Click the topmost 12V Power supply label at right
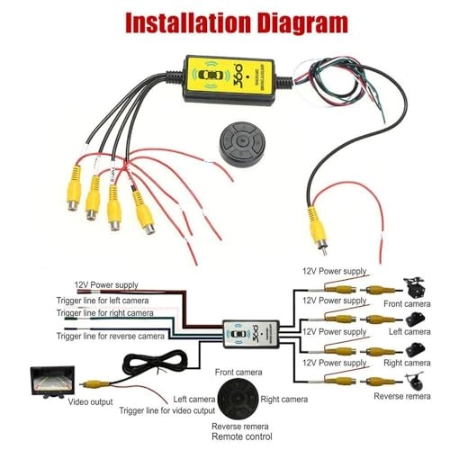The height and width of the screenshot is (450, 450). click(335, 269)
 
